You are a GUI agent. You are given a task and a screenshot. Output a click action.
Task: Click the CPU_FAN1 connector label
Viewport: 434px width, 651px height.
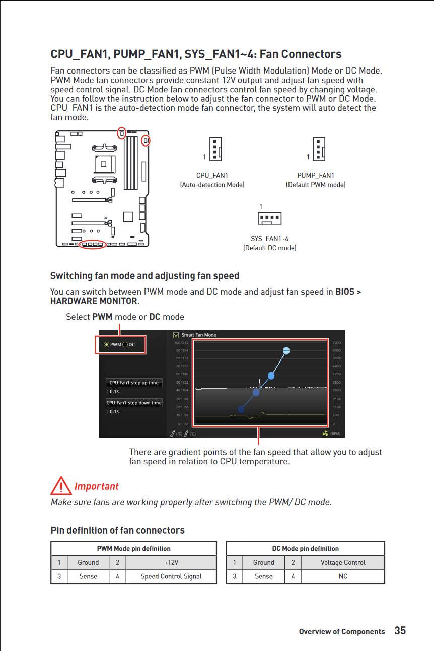212,175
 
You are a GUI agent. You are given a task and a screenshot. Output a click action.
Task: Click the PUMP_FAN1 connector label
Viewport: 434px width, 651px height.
316,175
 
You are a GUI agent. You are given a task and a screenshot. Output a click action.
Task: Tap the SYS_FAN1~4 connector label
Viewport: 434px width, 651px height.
269,239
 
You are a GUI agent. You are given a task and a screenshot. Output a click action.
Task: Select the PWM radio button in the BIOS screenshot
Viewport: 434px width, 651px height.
106,345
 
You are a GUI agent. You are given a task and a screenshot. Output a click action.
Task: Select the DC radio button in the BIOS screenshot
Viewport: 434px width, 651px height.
125,345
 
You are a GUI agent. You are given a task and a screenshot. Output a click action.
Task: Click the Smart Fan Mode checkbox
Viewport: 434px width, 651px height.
176,335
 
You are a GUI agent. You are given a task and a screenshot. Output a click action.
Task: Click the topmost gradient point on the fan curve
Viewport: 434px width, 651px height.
286,351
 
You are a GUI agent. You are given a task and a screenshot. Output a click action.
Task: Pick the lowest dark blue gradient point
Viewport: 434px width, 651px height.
241,409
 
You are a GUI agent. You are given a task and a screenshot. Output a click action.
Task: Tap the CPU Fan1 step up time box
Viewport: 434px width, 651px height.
134,383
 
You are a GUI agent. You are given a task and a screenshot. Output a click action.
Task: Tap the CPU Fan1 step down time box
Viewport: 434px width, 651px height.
134,403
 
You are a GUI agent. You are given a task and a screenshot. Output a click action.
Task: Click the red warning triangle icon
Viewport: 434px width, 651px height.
61,486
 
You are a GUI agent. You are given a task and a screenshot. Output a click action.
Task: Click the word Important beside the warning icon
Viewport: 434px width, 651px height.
96,486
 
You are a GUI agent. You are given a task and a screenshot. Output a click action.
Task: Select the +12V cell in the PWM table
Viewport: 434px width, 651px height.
171,562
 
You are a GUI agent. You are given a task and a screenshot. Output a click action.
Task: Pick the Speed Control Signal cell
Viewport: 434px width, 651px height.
171,576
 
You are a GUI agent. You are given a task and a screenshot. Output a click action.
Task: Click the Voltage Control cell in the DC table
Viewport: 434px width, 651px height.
343,562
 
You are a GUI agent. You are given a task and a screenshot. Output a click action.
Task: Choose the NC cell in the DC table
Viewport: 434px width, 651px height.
343,576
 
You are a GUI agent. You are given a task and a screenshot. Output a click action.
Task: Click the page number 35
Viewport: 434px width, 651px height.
400,631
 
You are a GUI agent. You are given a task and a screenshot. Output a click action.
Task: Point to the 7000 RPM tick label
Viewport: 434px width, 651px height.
337,343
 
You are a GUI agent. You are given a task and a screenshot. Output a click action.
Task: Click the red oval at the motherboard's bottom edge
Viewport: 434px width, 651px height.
93,245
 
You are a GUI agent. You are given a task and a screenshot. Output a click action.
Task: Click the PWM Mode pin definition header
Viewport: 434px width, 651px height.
133,548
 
